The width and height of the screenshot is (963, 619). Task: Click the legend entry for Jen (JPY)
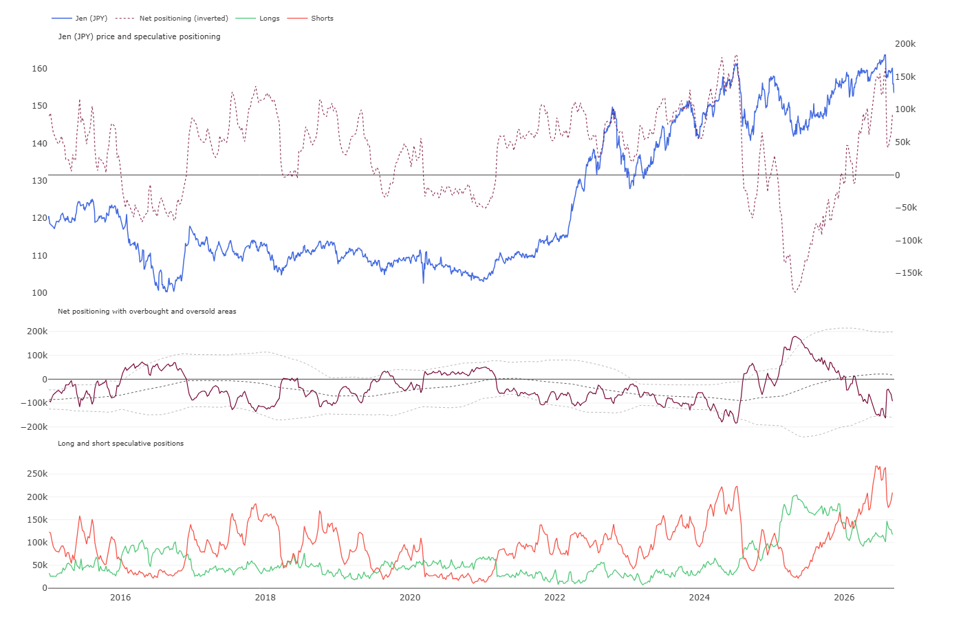[x=80, y=18]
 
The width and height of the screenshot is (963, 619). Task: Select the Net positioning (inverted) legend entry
[x=171, y=18]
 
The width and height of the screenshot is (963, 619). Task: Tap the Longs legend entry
[x=258, y=18]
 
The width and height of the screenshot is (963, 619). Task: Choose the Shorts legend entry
[x=310, y=18]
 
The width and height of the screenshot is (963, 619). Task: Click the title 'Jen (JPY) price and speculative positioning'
[x=139, y=36]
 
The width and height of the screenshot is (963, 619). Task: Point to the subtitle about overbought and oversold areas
[x=147, y=311]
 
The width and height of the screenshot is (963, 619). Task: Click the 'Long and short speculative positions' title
[x=121, y=443]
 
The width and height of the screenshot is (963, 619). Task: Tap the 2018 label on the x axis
[x=266, y=598]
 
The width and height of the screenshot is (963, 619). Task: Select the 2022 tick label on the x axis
[x=554, y=598]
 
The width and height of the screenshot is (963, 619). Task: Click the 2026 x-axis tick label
[x=844, y=598]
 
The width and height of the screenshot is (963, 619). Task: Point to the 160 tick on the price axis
[x=40, y=69]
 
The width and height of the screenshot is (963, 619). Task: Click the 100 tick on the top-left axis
[x=40, y=293]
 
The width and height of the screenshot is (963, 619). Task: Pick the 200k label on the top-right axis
[x=905, y=44]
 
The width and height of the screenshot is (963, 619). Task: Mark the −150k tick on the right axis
[x=909, y=273]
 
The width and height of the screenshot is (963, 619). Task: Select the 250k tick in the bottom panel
[x=37, y=474]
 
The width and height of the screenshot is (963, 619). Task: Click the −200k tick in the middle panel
[x=34, y=427]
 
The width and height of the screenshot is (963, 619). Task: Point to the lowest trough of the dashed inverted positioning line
[x=795, y=292]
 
